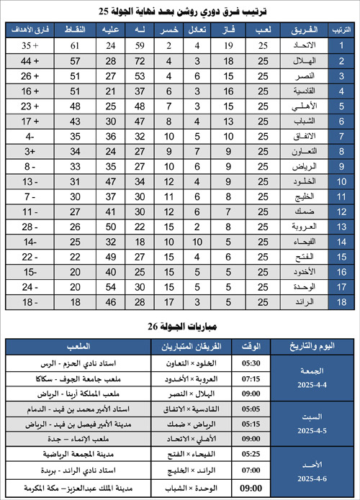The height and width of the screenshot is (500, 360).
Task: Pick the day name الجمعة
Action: point(311,371)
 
